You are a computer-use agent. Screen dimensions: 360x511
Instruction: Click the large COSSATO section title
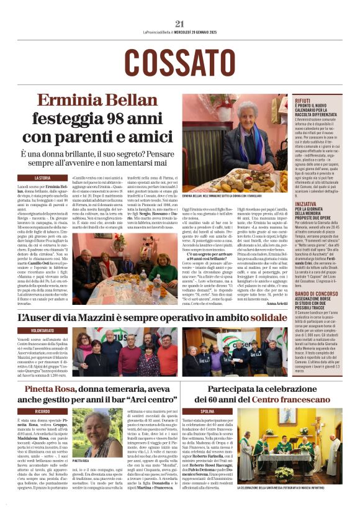[x=180, y=62]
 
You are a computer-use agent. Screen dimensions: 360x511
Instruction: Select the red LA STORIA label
[x=47, y=178]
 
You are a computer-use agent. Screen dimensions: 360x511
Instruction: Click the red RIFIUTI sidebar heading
[x=303, y=100]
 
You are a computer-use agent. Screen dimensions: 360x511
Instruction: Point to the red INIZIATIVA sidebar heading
[x=306, y=204]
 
